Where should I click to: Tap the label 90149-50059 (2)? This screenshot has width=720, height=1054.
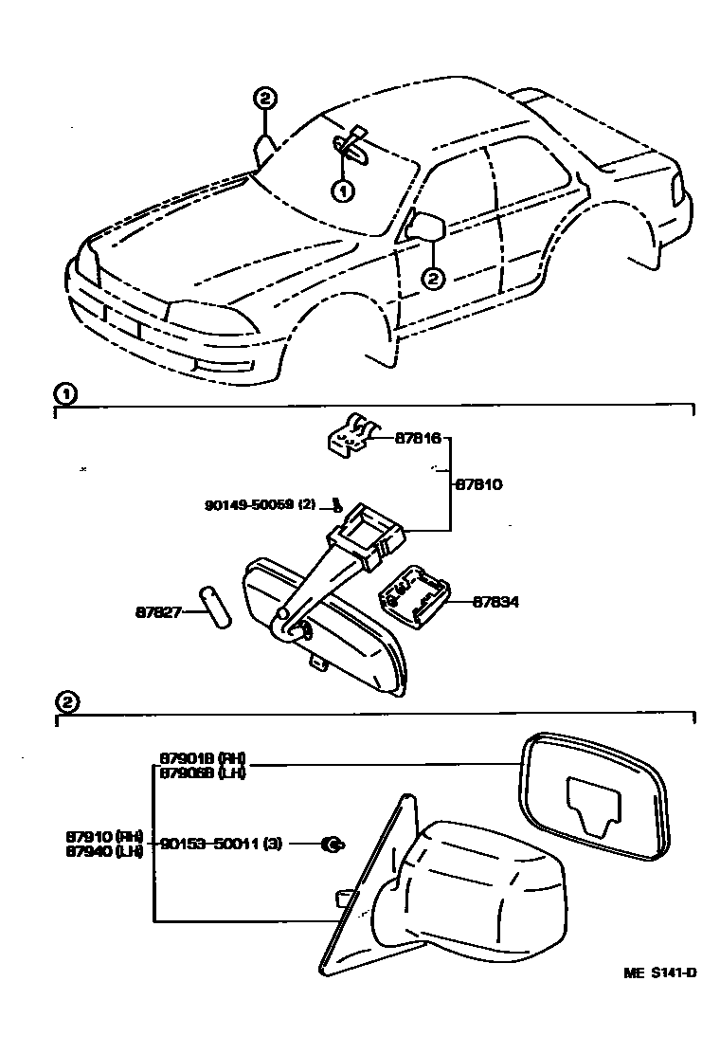259,505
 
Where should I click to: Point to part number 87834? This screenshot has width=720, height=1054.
496,601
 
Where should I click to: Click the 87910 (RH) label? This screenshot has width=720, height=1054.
104,837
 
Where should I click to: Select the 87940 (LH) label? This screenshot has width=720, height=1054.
104,851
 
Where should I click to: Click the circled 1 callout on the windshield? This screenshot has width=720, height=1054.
341,191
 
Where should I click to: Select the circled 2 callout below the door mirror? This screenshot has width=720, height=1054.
432,279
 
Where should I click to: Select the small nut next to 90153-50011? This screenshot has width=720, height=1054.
333,843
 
